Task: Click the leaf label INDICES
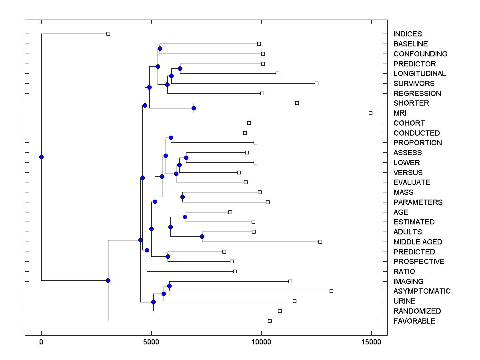[407, 34]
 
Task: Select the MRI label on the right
[400, 113]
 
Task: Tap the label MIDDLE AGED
[418, 242]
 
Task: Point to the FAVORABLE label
[414, 321]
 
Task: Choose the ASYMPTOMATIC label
[422, 291]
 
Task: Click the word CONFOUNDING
[420, 54]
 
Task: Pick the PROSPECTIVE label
[418, 262]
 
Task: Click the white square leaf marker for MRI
[370, 113]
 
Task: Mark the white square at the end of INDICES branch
[108, 34]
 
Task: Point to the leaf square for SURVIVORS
[316, 84]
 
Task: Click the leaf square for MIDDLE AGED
[320, 242]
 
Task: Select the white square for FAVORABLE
[270, 321]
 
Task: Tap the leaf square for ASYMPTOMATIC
[331, 291]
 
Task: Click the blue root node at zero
[41, 157]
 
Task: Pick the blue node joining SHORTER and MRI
[194, 108]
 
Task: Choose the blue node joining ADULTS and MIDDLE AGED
[202, 237]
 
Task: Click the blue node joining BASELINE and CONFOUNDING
[160, 49]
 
